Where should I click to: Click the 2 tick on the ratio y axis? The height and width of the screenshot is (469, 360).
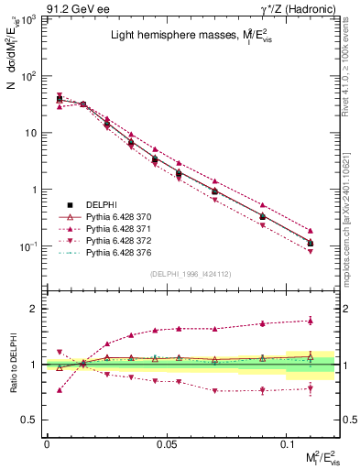click(37, 309)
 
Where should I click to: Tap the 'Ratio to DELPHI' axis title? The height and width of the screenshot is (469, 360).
click(12, 365)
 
